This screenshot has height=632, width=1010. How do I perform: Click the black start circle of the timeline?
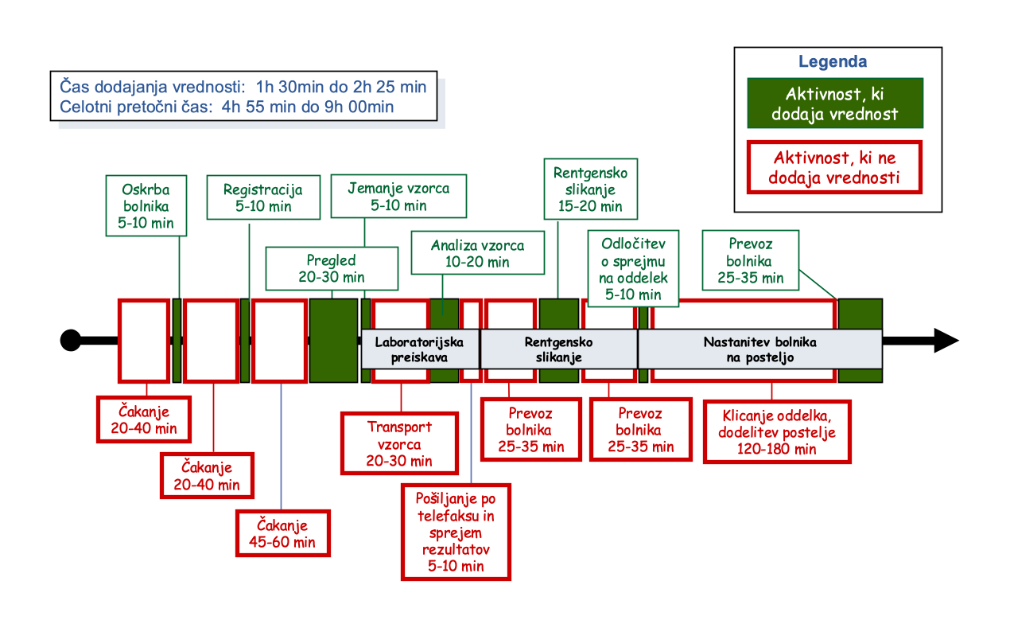pos(70,340)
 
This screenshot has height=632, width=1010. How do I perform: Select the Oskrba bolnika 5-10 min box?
pos(146,205)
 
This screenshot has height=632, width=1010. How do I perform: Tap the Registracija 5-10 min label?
pos(262,197)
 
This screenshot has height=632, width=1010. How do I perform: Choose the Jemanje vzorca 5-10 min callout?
pos(398,196)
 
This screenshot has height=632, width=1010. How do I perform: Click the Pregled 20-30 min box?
pos(331,268)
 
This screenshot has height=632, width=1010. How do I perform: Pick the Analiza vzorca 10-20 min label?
pos(477,252)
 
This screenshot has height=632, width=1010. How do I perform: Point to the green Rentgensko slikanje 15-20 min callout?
pos(589,189)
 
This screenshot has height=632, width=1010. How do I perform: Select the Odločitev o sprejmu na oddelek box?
pos(632,268)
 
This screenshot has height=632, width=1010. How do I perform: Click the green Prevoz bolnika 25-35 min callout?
pos(750,260)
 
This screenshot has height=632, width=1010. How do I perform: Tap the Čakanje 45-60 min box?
pos(282,533)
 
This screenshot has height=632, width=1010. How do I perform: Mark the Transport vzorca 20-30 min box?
pos(399,443)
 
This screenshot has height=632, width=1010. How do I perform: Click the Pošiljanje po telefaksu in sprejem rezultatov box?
pos(456,532)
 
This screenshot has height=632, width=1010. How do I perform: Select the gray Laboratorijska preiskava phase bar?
pos(420,349)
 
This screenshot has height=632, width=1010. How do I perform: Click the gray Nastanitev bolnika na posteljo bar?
pos(759,349)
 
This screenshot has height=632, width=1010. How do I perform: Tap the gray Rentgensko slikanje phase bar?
pos(558,349)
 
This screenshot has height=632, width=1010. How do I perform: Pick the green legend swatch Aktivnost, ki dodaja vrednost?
pos(834,103)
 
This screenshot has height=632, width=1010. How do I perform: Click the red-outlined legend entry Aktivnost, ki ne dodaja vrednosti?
pos(834,167)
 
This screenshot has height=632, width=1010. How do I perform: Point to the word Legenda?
pos(833,62)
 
